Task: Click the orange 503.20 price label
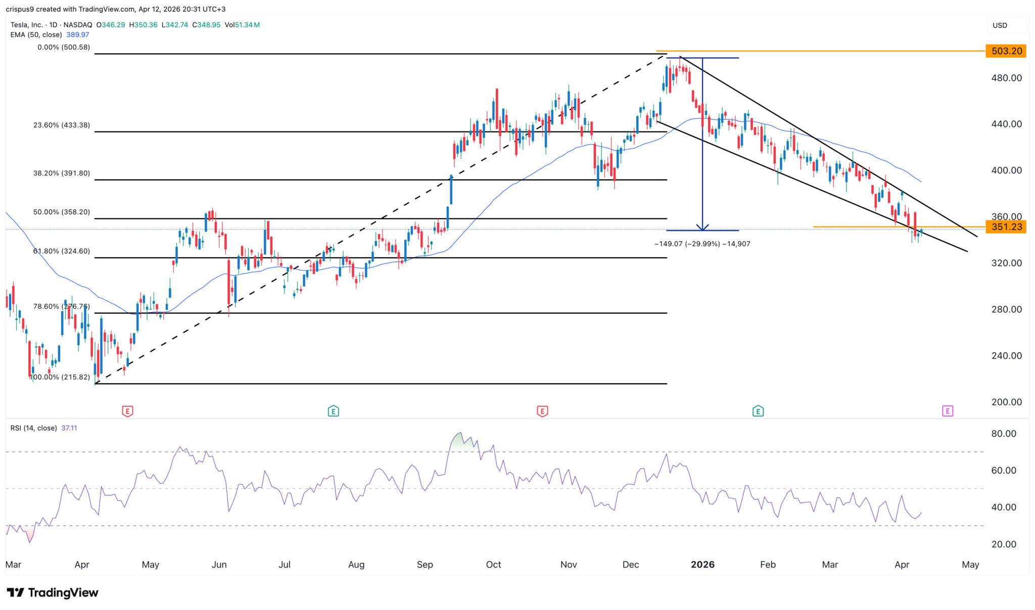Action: click(1005, 51)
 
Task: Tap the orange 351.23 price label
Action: click(1005, 227)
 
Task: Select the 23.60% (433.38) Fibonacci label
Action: click(62, 125)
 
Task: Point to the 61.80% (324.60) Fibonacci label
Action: click(62, 251)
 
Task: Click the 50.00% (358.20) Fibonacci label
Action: click(62, 212)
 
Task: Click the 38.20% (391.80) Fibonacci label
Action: click(62, 173)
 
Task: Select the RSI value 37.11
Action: click(69, 428)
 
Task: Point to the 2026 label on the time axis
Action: click(702, 565)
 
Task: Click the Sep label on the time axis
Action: click(425, 565)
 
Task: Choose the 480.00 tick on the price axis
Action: click(1006, 78)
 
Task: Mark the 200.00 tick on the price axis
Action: click(1006, 402)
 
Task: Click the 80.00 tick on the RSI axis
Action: click(1004, 434)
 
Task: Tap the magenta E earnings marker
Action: click(948, 411)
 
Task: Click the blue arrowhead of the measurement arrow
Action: click(702, 227)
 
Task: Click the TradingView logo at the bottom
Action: click(53, 593)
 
